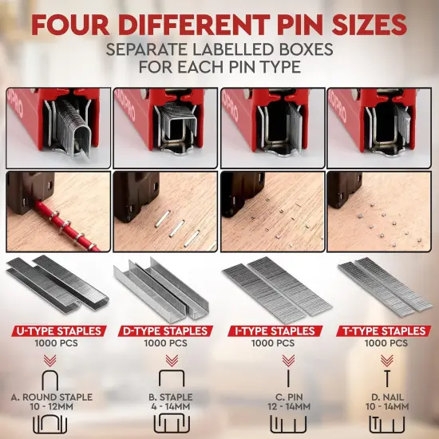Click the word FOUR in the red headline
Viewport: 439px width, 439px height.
pos(70,25)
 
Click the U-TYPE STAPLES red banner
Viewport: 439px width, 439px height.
pos(59,331)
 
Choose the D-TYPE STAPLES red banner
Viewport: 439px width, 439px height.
pos(165,331)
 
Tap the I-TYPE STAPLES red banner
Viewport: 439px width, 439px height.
pos(275,331)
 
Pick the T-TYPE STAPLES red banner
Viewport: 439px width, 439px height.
pos(384,331)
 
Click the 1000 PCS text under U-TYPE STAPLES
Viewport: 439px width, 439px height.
pos(57,343)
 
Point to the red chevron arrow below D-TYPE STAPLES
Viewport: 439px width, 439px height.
pos(172,361)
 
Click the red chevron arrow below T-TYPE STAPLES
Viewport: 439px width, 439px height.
pos(387,361)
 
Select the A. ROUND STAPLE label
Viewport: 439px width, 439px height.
pos(52,397)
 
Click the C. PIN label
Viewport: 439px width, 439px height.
pos(289,397)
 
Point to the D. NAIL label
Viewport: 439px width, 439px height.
pos(387,397)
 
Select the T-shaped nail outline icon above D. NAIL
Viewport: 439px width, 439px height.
pos(387,378)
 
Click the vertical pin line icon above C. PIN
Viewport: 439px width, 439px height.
pos(288,378)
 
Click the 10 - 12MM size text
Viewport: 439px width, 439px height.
pos(52,406)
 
